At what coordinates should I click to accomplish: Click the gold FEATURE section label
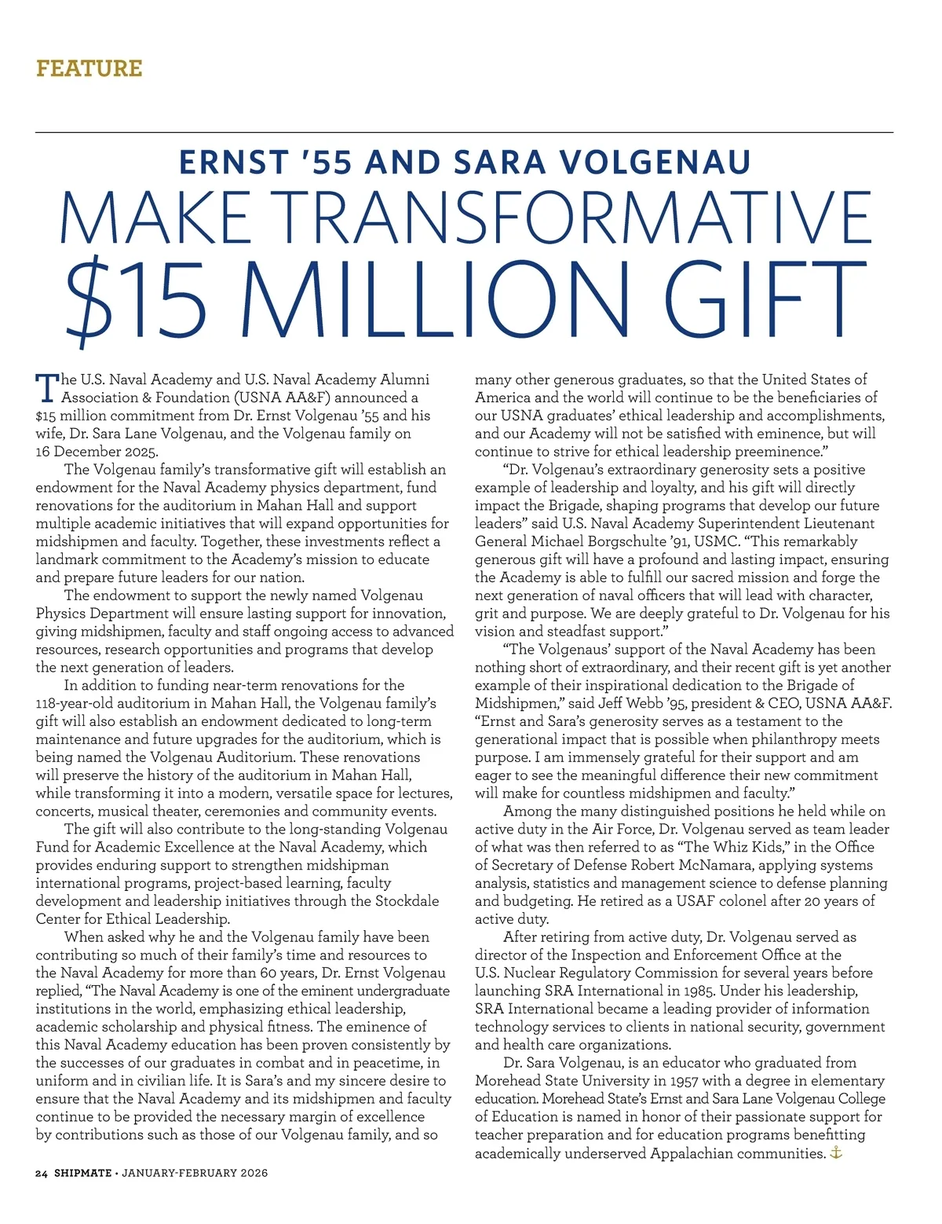coord(89,68)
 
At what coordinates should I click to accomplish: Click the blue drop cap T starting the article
coord(47,387)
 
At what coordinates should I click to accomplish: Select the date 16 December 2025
coord(97,452)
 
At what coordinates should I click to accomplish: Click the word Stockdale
coord(407,901)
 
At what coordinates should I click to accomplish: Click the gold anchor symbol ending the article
coord(836,1153)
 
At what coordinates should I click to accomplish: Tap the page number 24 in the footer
coord(42,1173)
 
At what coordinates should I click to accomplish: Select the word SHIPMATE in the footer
coord(82,1173)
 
